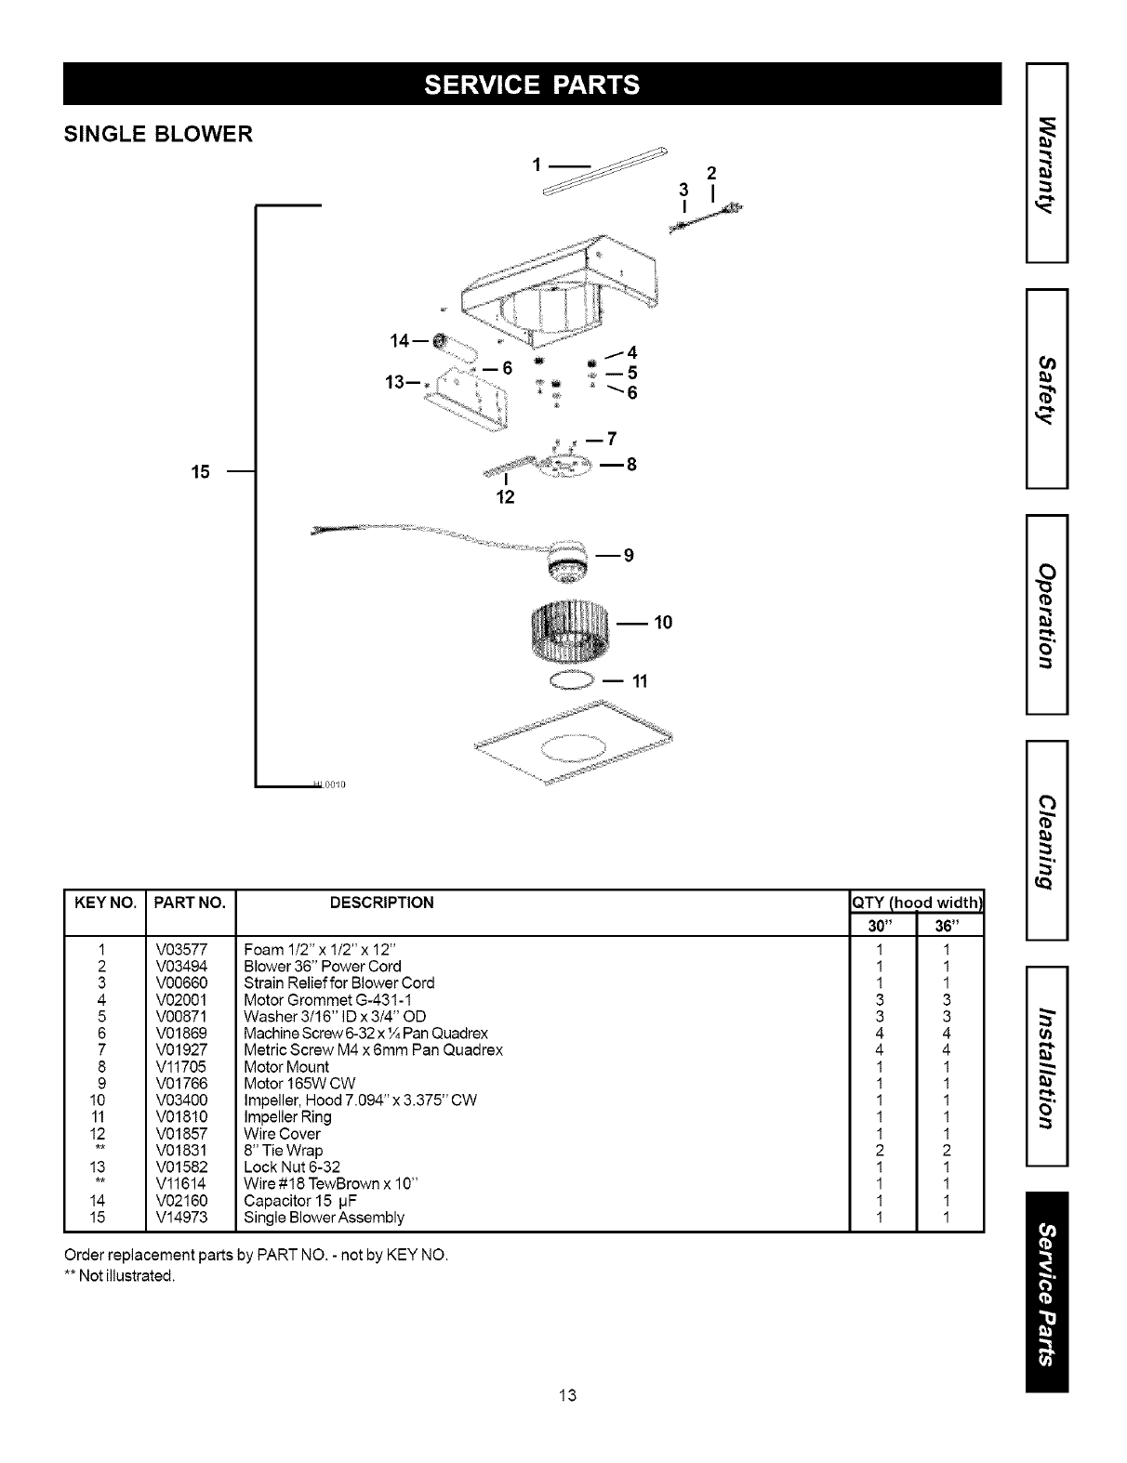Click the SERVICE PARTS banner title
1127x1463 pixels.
pos(532,85)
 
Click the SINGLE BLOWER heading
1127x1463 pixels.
pos(157,135)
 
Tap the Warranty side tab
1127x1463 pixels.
pos(1047,162)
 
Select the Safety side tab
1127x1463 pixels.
pos(1047,389)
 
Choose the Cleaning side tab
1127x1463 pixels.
pos(1047,841)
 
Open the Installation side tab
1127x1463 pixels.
pos(1047,1067)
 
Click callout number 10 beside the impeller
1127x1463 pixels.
pos(663,622)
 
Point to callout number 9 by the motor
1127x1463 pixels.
pos(629,555)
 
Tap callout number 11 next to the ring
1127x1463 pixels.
pos(639,681)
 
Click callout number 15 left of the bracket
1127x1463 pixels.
pos(200,471)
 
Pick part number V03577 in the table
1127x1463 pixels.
pos(181,950)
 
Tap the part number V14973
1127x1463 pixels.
pos(181,1217)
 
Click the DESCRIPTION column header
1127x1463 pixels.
pos(382,903)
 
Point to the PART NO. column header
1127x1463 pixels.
pos(191,903)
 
